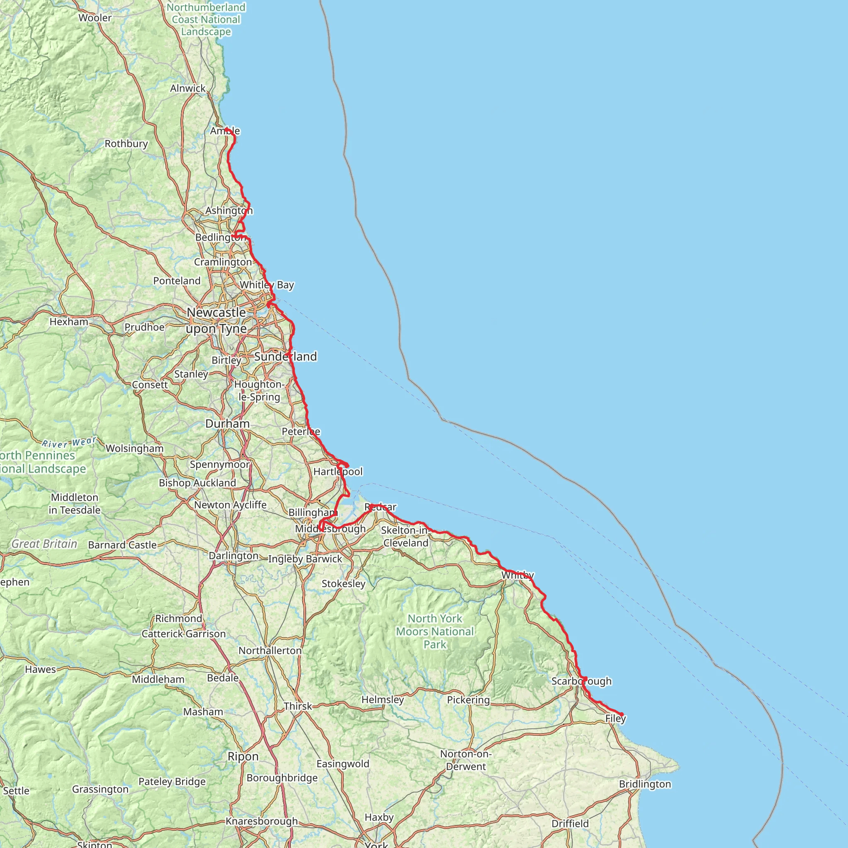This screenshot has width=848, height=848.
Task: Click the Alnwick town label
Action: pyautogui.click(x=188, y=88)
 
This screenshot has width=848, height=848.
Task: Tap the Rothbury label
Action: pyautogui.click(x=126, y=144)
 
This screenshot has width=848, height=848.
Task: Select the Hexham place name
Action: pyautogui.click(x=69, y=322)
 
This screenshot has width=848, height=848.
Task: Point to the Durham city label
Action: pyautogui.click(x=227, y=424)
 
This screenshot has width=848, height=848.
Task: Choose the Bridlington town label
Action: pyautogui.click(x=645, y=784)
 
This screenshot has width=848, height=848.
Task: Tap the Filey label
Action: pyautogui.click(x=615, y=718)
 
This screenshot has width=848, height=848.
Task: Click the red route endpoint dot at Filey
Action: pyautogui.click(x=622, y=714)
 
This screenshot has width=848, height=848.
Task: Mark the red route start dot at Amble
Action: pyautogui.click(x=226, y=130)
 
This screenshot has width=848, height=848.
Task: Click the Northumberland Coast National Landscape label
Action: pyautogui.click(x=206, y=19)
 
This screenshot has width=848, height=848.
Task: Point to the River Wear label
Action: pyautogui.click(x=69, y=443)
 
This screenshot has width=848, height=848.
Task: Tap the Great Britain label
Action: pyautogui.click(x=44, y=544)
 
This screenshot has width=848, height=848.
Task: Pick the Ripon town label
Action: pyautogui.click(x=243, y=756)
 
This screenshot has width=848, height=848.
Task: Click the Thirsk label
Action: pyautogui.click(x=298, y=706)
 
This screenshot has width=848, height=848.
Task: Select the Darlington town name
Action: pyautogui.click(x=234, y=556)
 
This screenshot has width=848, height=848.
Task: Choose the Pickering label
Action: pyautogui.click(x=468, y=700)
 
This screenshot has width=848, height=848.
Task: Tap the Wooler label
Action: pyautogui.click(x=95, y=18)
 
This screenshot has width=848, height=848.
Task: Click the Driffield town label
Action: pyautogui.click(x=570, y=824)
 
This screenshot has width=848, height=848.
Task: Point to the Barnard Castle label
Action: pyautogui.click(x=123, y=545)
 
